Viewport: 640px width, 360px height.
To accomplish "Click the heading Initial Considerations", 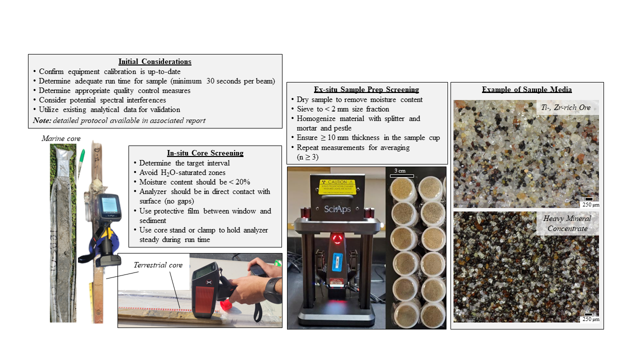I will [154, 61].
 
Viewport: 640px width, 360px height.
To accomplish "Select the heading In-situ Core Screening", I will [205, 153].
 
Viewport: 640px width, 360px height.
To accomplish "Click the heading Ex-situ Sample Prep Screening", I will [366, 89].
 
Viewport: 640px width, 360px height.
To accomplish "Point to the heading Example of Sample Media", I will [526, 89].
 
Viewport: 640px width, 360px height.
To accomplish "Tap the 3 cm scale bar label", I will [401, 171].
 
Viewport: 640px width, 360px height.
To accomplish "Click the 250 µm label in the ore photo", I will [590, 204].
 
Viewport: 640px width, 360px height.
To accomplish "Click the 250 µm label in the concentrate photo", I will [590, 319].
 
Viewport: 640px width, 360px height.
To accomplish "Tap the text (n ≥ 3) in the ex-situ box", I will [307, 157].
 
